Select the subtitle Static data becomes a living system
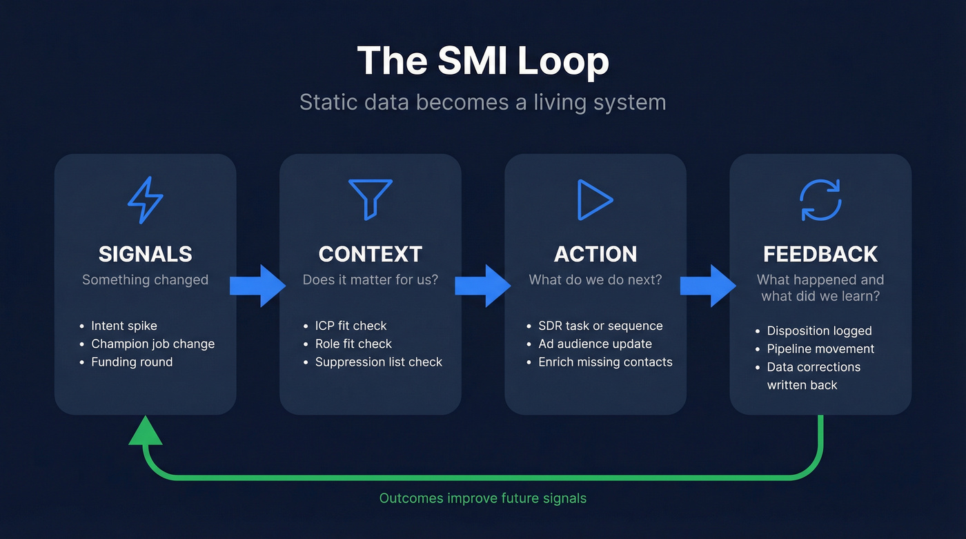point(483,102)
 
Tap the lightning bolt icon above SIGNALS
point(146,200)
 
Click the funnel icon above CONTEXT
point(371,199)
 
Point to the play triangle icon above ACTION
point(595,200)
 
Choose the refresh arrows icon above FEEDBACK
point(820,200)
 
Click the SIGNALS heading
point(146,254)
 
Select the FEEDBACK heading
point(820,254)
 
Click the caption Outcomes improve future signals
point(483,498)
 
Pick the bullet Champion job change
point(152,344)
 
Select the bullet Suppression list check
point(378,362)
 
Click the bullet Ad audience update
point(595,344)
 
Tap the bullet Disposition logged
point(819,331)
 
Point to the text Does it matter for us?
point(371,280)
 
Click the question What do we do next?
point(595,280)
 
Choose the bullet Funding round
point(132,362)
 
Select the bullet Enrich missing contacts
point(605,362)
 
